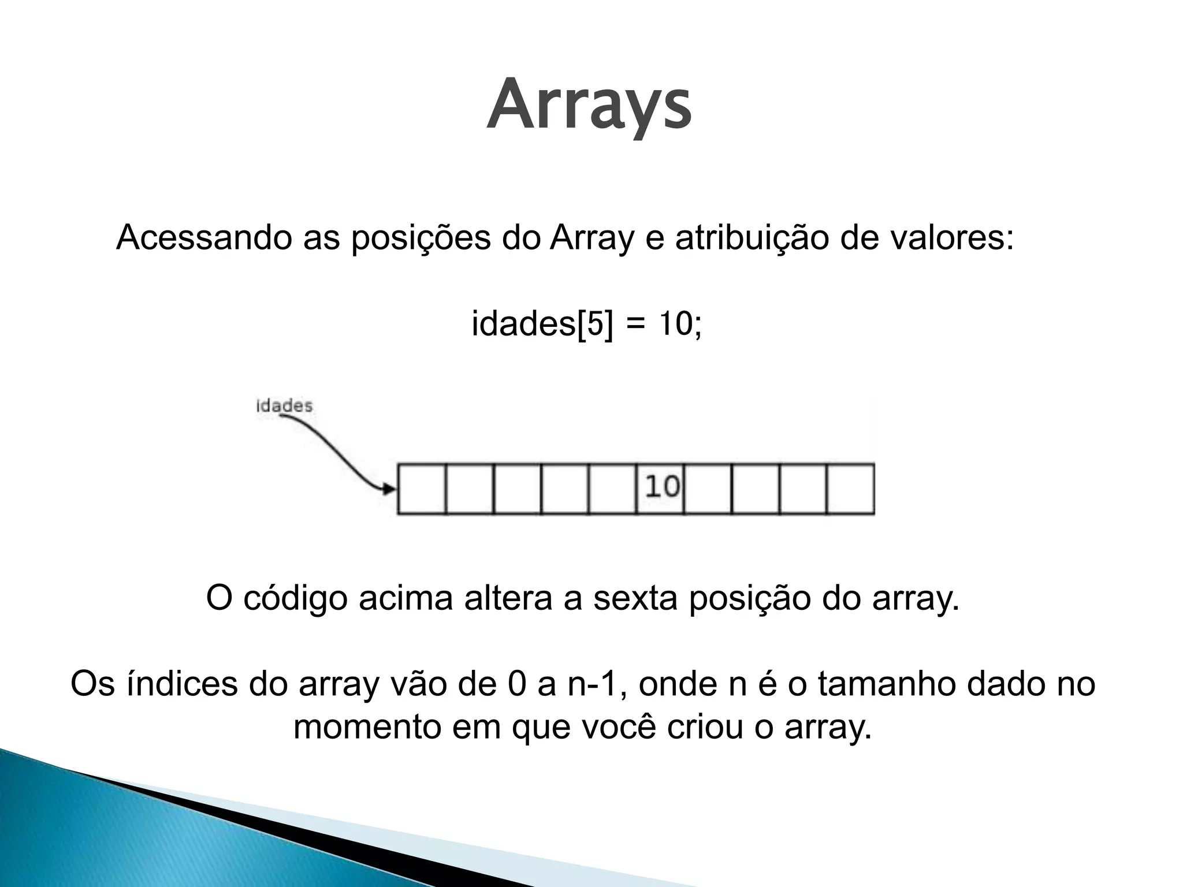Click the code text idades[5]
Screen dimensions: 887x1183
coord(542,323)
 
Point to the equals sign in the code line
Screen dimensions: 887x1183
coord(634,325)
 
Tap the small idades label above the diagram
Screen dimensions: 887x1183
coord(284,406)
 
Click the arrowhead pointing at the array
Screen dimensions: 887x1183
coord(390,489)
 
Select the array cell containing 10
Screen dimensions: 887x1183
coord(660,488)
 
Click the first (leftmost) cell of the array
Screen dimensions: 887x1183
coord(422,488)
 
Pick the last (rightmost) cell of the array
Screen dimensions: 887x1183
coord(850,488)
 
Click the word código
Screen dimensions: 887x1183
coord(295,599)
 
